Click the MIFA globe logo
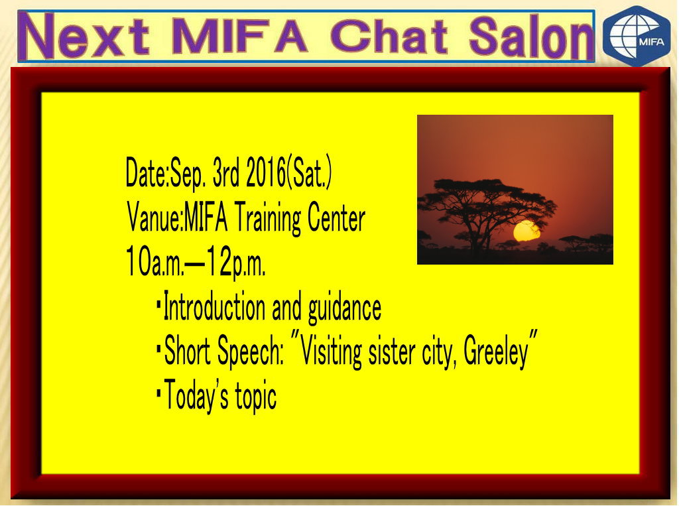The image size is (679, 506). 637,36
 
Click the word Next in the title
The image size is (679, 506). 87,36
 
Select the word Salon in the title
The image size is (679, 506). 530,36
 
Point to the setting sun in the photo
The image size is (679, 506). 527,231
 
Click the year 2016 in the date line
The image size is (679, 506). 266,172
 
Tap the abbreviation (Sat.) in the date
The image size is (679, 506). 309,172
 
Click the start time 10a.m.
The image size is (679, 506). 154,262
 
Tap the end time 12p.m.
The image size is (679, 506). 235,262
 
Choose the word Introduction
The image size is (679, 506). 214,307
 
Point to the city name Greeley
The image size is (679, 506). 496,351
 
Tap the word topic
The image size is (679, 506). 255,397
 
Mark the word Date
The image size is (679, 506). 146,172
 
